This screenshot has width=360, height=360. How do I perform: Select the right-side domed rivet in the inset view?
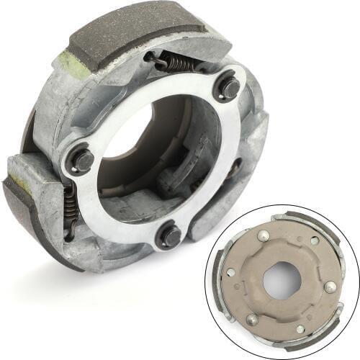click(x=330, y=287)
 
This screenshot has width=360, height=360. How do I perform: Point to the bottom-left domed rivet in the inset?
click(x=253, y=319)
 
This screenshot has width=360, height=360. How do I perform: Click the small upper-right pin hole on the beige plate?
click(x=315, y=240)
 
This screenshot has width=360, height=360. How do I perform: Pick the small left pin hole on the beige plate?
click(x=230, y=272)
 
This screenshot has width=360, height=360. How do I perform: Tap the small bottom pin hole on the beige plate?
click(x=300, y=329)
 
